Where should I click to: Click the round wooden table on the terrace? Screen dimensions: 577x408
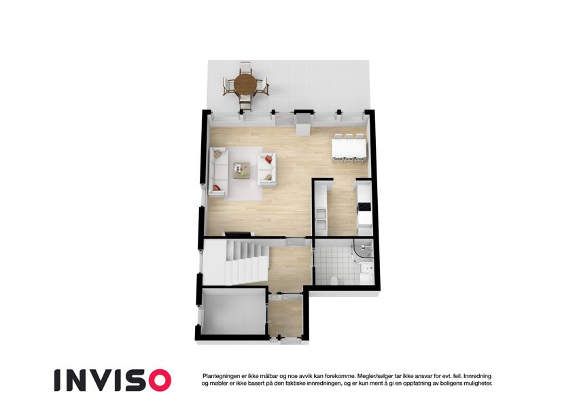coord(246,85)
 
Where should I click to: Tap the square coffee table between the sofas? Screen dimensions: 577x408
coord(242,171)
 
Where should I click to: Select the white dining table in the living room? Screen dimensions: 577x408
coord(349,148)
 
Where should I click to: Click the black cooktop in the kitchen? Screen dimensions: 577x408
coord(364,207)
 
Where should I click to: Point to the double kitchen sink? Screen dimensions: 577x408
coord(321,219)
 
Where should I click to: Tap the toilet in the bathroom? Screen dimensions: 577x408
coord(334,281)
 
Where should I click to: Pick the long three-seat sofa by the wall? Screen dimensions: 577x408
coord(219,171)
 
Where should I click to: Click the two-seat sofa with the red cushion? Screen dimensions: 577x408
coord(267,169)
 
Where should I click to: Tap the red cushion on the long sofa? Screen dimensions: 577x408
coord(216,188)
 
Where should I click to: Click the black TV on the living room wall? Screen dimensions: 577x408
coord(239,234)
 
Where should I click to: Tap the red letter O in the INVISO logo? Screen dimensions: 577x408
coord(158,380)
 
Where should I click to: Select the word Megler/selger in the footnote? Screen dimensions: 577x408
coord(372,376)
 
